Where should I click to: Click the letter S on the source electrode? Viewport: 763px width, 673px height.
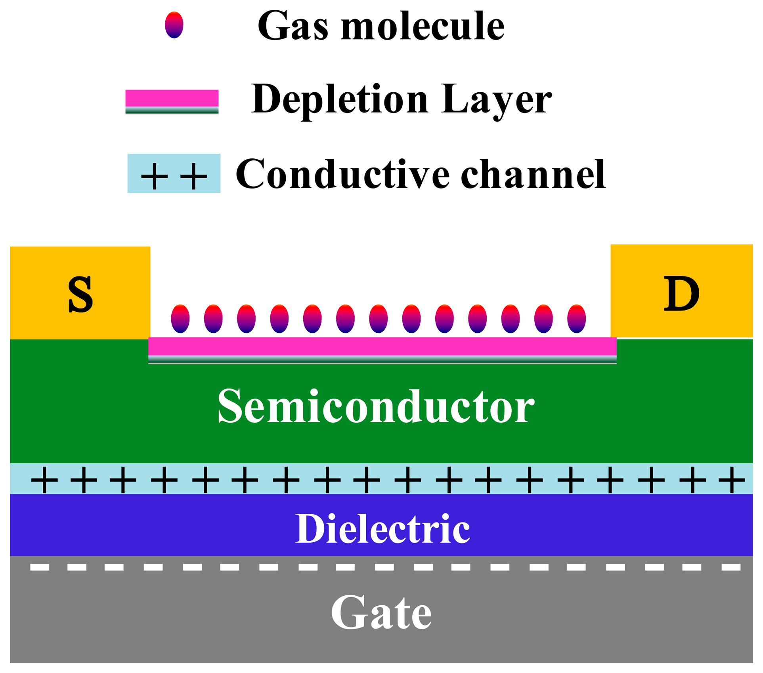pos(80,294)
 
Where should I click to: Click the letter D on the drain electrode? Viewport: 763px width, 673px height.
pos(681,294)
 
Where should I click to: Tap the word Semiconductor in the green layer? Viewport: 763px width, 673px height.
pos(376,407)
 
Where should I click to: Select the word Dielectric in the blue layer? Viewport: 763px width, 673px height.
pos(382,529)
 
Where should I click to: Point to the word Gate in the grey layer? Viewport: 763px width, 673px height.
pos(381,613)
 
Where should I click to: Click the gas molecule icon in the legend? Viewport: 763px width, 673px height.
pos(174,25)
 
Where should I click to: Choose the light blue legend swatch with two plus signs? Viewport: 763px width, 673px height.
pos(174,173)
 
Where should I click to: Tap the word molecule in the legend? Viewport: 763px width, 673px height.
pos(423,26)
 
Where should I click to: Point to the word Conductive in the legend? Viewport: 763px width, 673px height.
pos(342,174)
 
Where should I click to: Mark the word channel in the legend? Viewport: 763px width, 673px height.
pos(533,174)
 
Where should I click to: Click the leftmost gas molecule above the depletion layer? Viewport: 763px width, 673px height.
pos(180,318)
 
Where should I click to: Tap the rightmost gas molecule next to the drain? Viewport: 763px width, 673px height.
pos(576,318)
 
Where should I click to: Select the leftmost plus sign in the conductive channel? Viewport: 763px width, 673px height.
pos(44,480)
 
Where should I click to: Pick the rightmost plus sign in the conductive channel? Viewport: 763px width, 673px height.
pos(732,480)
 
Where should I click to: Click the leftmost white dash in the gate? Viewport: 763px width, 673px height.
pos(40,568)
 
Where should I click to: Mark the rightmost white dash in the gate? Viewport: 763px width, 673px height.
pos(731,568)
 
